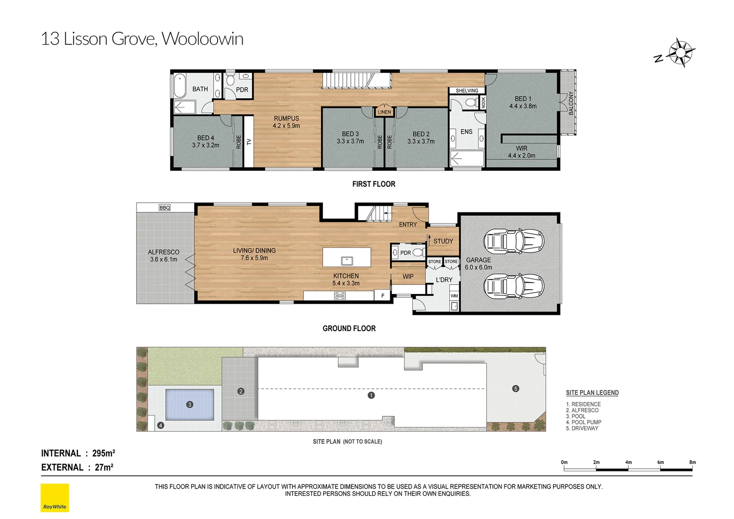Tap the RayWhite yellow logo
(55, 497)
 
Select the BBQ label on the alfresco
(165, 208)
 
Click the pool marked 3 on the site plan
(190, 404)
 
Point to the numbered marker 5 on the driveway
(515, 388)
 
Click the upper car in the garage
(513, 241)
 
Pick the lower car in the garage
(513, 286)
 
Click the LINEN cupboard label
(384, 112)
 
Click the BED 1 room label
(523, 99)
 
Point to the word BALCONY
(571, 103)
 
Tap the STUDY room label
(443, 241)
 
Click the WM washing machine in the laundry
(454, 296)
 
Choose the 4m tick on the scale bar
(628, 462)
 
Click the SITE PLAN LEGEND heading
(592, 393)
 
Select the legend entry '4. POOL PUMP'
(583, 422)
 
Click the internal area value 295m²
(103, 453)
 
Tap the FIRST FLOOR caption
(373, 184)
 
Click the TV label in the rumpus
(249, 142)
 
